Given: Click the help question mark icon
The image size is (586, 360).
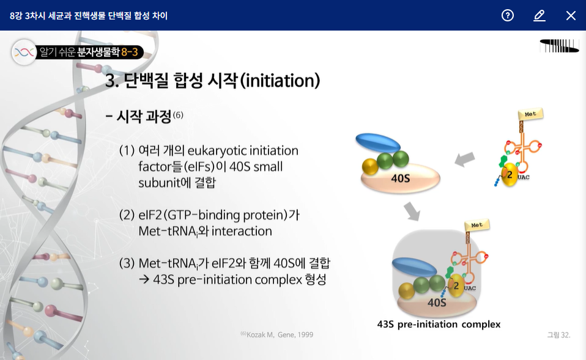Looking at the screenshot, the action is pyautogui.click(x=508, y=15).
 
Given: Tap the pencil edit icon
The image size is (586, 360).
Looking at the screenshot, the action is pyautogui.click(x=540, y=16).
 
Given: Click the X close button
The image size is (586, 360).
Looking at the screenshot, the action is pyautogui.click(x=571, y=16).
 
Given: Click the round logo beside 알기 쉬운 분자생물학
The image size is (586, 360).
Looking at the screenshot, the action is pyautogui.click(x=24, y=53).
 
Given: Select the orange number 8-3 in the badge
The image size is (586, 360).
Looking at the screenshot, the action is pyautogui.click(x=129, y=52).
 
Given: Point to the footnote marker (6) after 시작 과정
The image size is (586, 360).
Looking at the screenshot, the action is pyautogui.click(x=178, y=115).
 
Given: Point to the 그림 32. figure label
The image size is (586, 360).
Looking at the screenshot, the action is pyautogui.click(x=558, y=335).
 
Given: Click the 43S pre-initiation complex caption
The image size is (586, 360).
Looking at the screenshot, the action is pyautogui.click(x=439, y=324).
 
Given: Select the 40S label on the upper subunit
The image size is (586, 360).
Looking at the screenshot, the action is pyautogui.click(x=400, y=178).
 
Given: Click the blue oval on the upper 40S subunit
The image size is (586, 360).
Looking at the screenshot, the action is pyautogui.click(x=378, y=143).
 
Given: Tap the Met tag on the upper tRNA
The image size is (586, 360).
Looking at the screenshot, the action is pyautogui.click(x=530, y=114).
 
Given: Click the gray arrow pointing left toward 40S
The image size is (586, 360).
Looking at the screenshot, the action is pyautogui.click(x=464, y=160).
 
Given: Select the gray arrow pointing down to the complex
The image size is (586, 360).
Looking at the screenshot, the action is pyautogui.click(x=413, y=211).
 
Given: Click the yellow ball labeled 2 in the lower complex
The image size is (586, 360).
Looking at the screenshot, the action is pyautogui.click(x=456, y=286).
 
